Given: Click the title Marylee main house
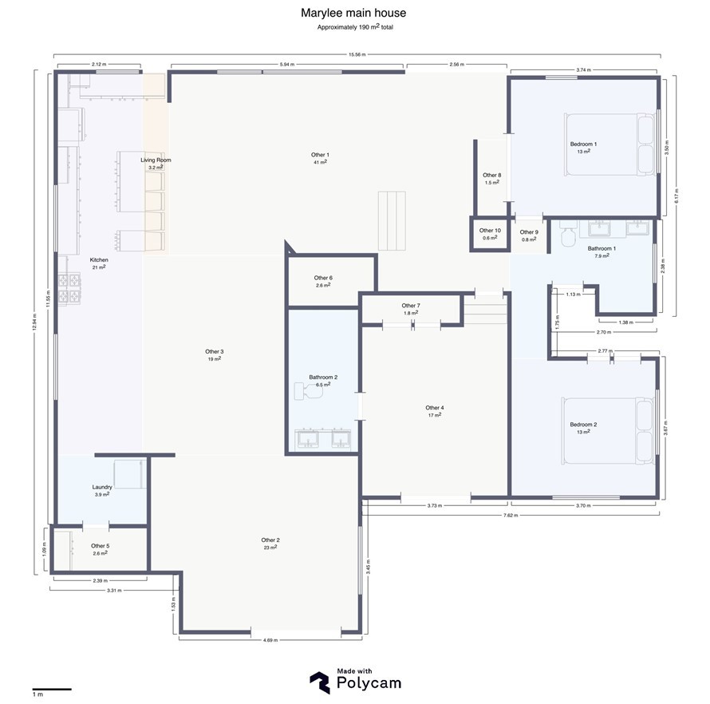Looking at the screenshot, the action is pos(353,13).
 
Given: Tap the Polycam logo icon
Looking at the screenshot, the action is pos(320,682).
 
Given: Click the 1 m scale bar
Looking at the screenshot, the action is pos(52,689).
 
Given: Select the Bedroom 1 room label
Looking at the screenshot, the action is pos(583,144).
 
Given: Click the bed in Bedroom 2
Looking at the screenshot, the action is pos(608,431).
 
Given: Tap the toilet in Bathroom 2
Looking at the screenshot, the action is pos(308,391).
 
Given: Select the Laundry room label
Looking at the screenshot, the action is pos(102,487).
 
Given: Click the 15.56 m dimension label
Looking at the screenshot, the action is pos(357,55).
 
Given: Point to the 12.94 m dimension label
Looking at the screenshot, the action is pos(35,322).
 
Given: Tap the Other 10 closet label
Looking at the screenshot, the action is pos(490,231).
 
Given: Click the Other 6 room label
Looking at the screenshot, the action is pos(323,278).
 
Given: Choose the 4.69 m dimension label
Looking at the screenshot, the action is pos(270,640).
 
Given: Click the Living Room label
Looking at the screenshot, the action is pos(156,160).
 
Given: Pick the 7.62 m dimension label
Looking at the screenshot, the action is pos(511,515).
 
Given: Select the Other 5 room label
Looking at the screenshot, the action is pos(100,546).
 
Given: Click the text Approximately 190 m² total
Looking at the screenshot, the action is pos(355,26).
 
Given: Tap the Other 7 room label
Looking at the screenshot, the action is pos(411,306).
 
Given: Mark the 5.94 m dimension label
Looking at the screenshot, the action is pos(287,65).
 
